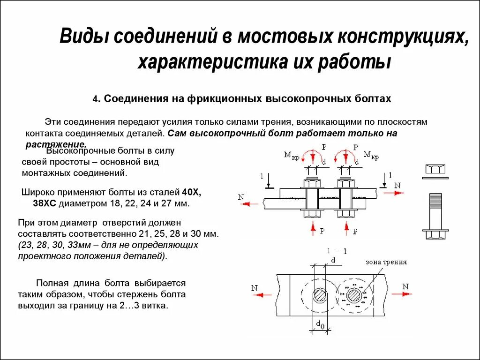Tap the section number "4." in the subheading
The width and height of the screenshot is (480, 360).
96,99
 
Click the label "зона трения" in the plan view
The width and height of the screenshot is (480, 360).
386,262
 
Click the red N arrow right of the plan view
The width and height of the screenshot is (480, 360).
402,294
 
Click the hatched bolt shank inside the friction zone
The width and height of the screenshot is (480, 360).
354,296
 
